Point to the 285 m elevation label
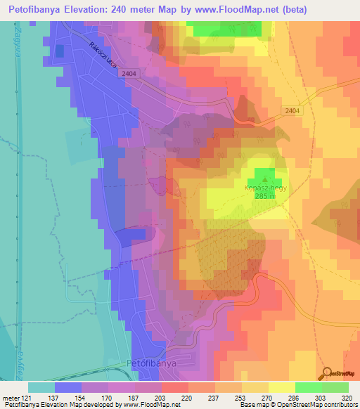point(263,197)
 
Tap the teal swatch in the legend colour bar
point(41,387)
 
